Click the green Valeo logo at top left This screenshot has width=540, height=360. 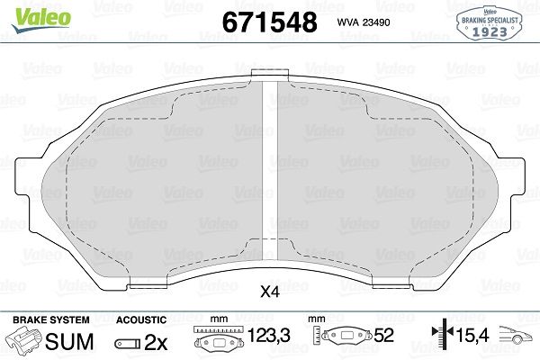[41, 20]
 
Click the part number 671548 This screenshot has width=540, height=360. [269, 22]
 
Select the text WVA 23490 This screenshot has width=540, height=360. [364, 22]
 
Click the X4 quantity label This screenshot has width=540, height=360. [270, 292]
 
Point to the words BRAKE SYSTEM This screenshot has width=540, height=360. [51, 319]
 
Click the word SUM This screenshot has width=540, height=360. [69, 341]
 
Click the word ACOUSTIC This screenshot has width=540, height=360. [141, 319]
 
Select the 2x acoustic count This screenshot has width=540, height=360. [156, 342]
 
